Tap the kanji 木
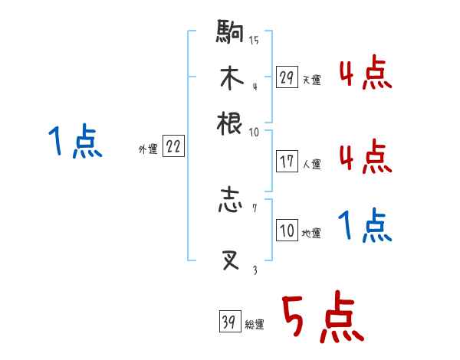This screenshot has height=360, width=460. pyautogui.click(x=230, y=78)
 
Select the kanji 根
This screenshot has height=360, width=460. pyautogui.click(x=230, y=123)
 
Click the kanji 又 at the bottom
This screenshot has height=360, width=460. pyautogui.click(x=230, y=260)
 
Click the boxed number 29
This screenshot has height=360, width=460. pyautogui.click(x=287, y=78)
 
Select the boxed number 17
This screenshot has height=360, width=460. pyautogui.click(x=287, y=162)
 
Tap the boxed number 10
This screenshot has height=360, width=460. pyautogui.click(x=287, y=231)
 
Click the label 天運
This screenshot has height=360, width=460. pyautogui.click(x=311, y=80)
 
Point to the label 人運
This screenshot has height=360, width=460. pyautogui.click(x=311, y=164)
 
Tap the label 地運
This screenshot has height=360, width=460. pyautogui.click(x=311, y=233)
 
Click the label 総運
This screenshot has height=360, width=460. pyautogui.click(x=255, y=324)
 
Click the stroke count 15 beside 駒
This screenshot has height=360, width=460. pyautogui.click(x=254, y=41)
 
